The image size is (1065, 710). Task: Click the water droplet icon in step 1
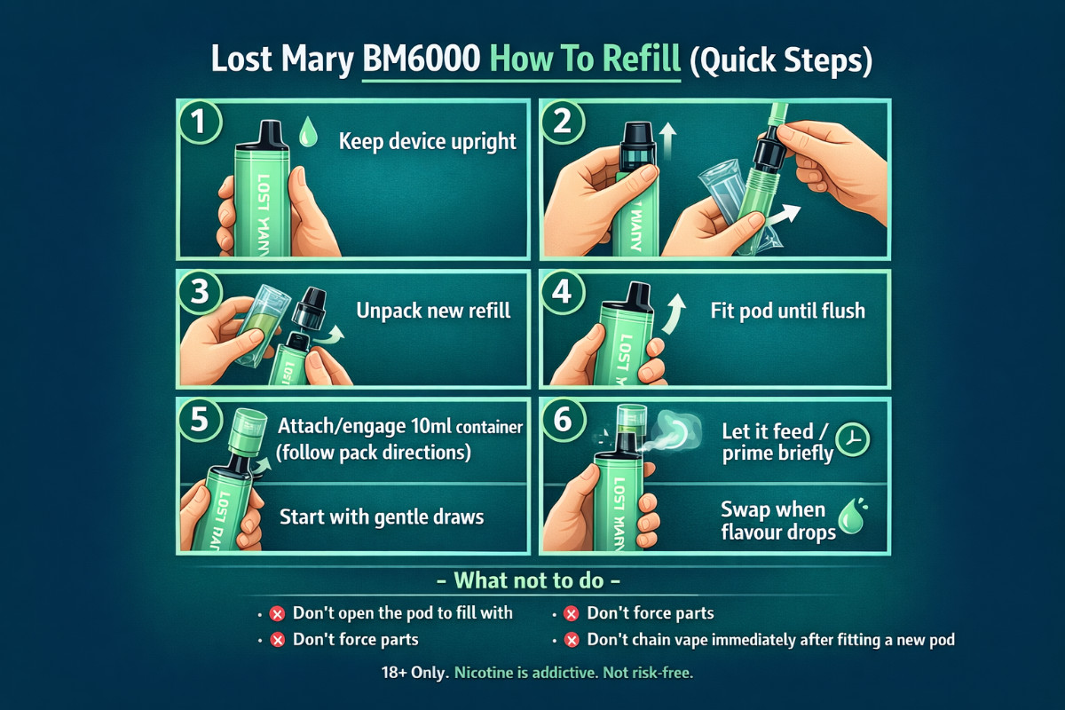point(308,134)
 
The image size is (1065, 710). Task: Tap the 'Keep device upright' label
point(428,141)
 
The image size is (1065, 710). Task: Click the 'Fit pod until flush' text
point(787,312)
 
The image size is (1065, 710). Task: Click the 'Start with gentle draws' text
point(382,516)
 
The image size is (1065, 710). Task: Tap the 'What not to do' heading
point(532,581)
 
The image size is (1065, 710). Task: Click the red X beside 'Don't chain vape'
point(572,639)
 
